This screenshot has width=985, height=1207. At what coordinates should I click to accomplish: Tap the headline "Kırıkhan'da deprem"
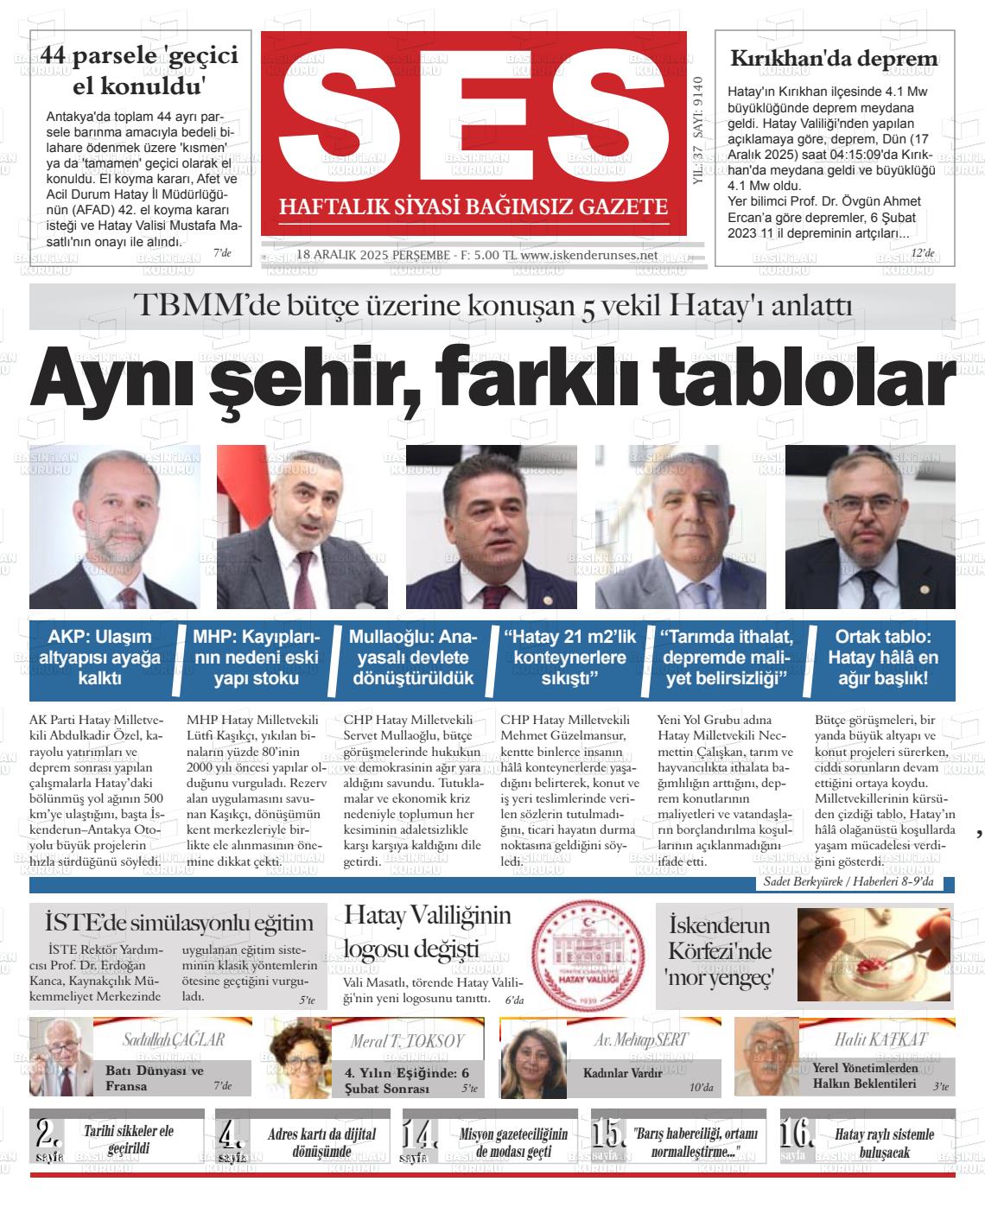point(834,59)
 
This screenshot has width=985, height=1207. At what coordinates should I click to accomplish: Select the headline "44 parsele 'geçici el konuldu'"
point(139,70)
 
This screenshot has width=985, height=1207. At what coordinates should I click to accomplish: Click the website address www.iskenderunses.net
point(589,256)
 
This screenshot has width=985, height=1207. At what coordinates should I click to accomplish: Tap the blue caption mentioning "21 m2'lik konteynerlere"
point(570,657)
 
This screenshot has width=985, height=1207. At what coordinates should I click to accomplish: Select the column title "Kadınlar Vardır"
point(623,1073)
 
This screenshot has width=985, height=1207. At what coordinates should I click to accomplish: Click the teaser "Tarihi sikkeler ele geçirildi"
point(129,1140)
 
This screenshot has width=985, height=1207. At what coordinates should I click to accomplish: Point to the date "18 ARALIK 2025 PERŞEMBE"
point(372,256)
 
